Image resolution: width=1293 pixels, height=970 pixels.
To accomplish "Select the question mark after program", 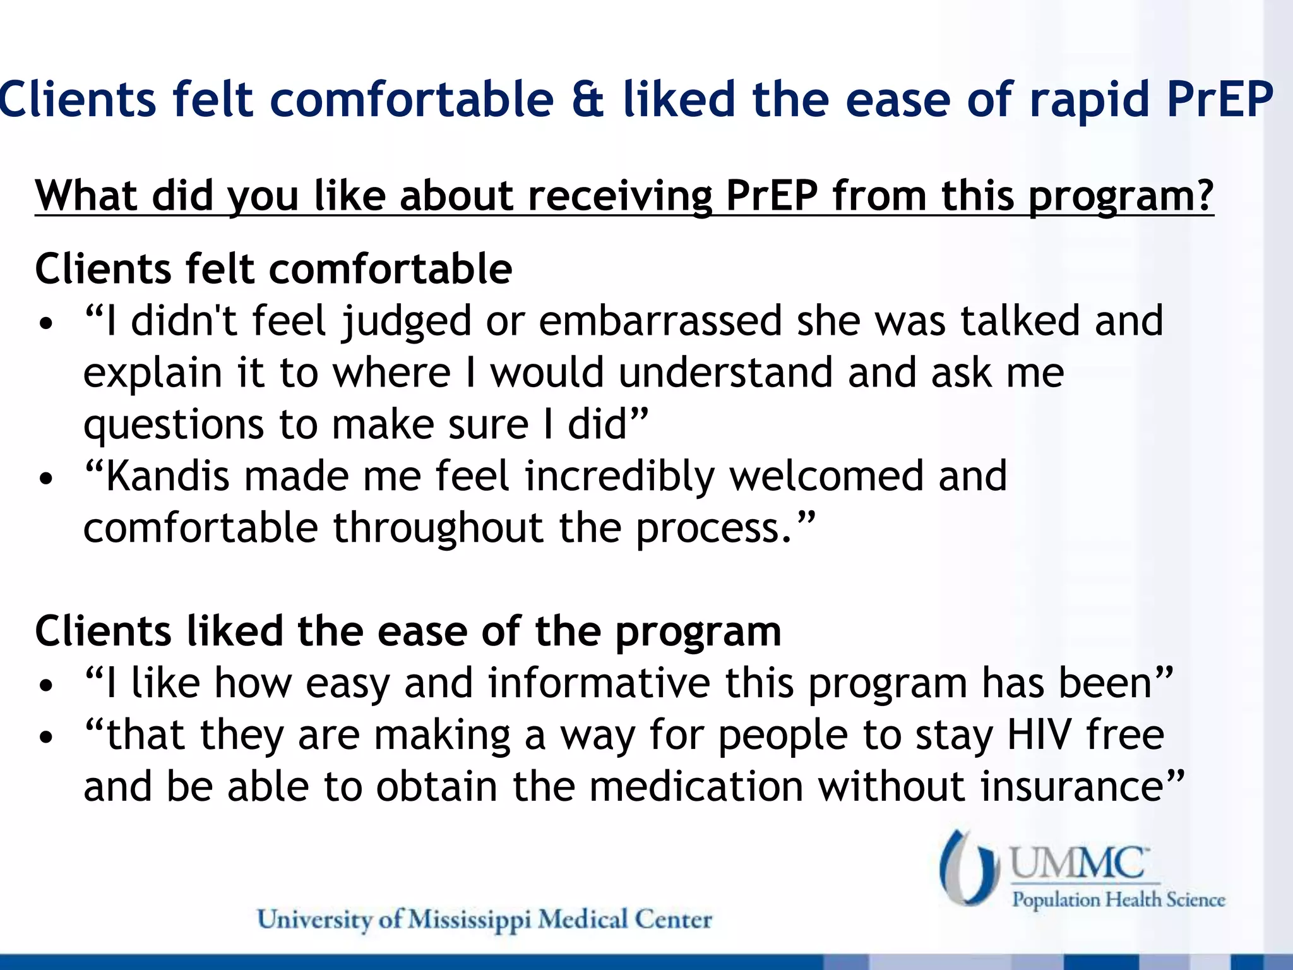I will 1201,196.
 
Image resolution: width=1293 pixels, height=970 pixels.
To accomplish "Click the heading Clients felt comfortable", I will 273,269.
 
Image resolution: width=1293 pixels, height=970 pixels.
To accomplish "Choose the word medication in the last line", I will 696,787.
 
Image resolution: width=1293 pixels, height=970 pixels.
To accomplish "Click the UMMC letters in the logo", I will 1078,863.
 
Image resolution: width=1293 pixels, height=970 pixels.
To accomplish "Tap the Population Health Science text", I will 1118,899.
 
